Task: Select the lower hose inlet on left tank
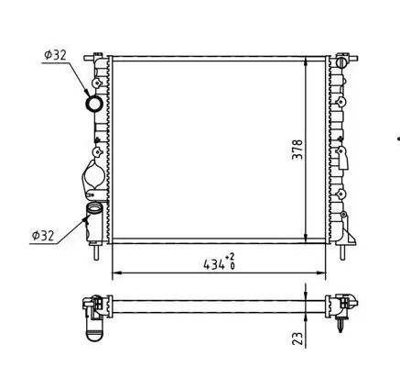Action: pyautogui.click(x=94, y=217)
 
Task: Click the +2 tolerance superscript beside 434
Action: pyautogui.click(x=231, y=258)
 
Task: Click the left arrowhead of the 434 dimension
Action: pyautogui.click(x=115, y=274)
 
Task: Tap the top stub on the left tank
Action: pyautogui.click(x=95, y=57)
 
